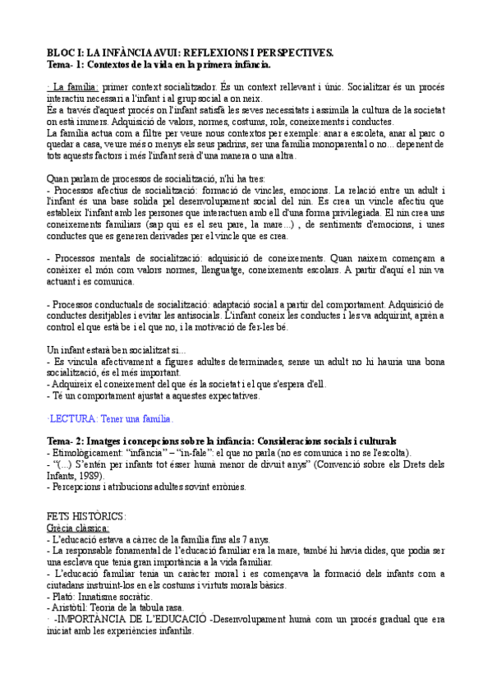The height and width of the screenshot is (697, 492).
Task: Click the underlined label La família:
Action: click(75, 85)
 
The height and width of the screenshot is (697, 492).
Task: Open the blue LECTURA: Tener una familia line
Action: click(111, 418)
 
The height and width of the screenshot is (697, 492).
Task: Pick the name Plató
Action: click(63, 595)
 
